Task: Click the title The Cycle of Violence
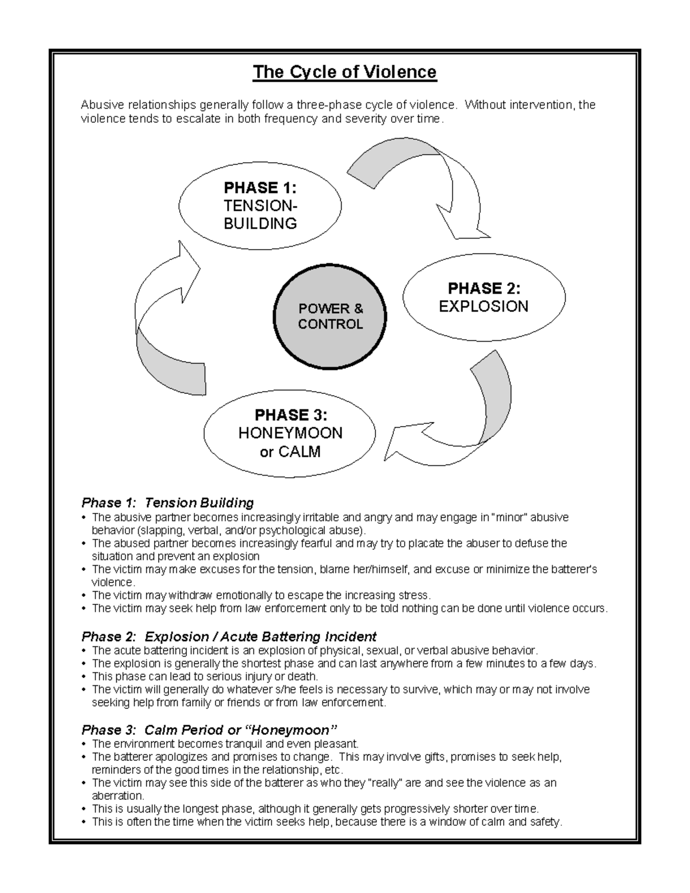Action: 344,72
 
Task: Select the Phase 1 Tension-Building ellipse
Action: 260,205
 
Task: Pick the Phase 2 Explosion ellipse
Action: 484,297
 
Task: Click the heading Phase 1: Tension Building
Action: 167,503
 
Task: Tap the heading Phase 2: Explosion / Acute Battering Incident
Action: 229,637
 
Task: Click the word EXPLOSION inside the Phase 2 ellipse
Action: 484,306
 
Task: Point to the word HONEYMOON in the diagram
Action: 290,433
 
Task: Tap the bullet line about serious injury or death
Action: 205,677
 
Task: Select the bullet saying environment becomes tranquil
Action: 225,743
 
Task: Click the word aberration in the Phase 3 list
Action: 117,796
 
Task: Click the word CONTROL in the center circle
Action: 330,324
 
